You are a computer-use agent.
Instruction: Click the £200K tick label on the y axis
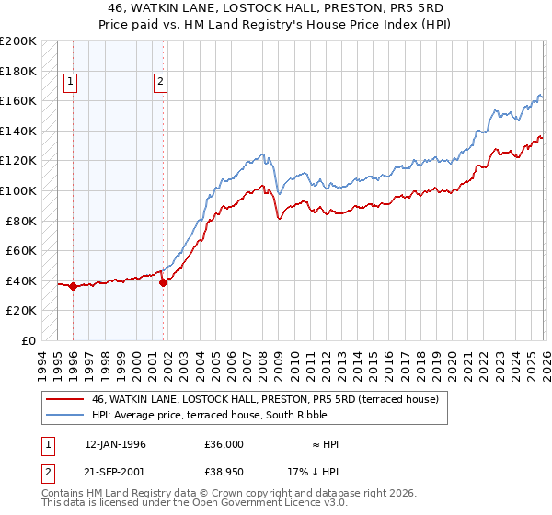pos(18,41)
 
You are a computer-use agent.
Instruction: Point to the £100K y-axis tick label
pos(18,190)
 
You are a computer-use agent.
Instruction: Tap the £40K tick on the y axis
pos(21,280)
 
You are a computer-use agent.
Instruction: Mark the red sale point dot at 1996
pos(73,287)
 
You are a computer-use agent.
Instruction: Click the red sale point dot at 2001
pos(163,282)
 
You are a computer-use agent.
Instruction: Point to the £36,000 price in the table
pos(224,444)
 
